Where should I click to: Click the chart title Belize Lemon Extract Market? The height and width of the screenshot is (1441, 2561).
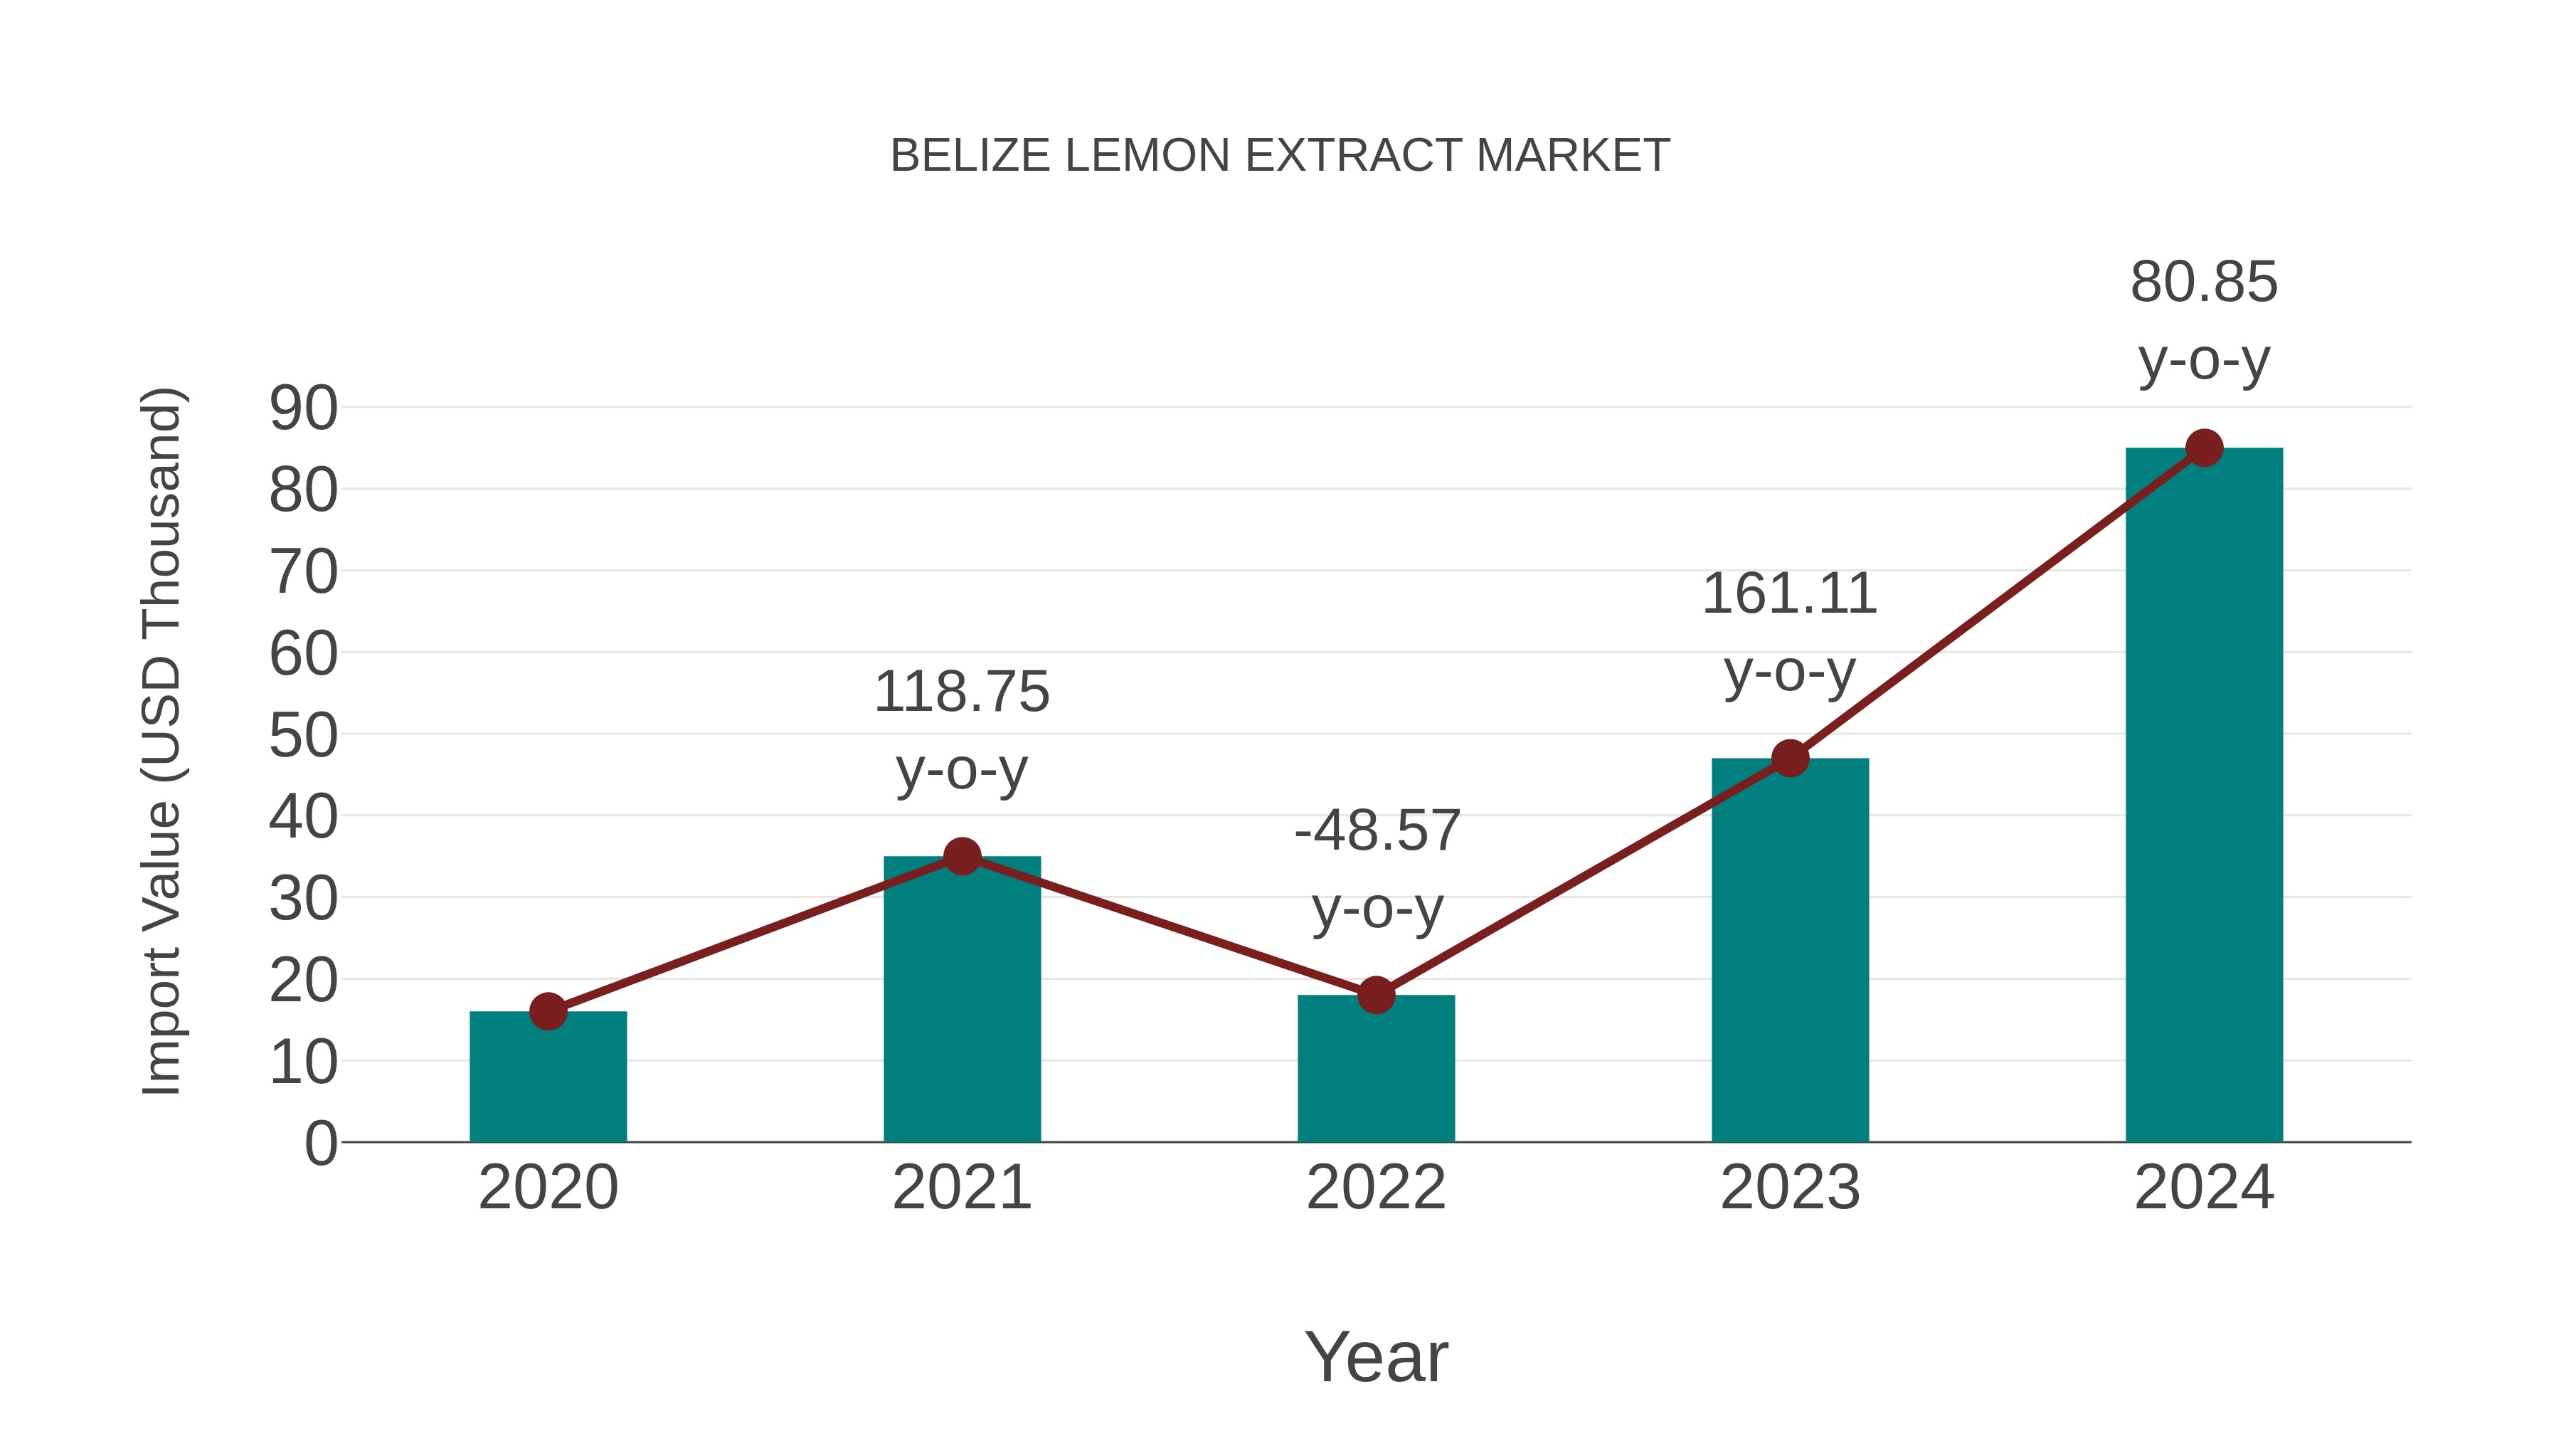(x=1280, y=156)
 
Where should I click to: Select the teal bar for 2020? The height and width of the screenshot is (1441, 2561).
(x=548, y=1079)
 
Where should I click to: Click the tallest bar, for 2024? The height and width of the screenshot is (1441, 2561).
(x=2204, y=796)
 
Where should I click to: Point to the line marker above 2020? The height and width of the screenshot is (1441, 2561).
(x=548, y=1011)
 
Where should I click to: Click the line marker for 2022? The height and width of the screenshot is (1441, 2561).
(x=1376, y=995)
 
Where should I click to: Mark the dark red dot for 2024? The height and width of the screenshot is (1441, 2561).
(x=2204, y=448)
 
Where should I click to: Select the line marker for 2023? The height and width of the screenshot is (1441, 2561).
(x=1790, y=758)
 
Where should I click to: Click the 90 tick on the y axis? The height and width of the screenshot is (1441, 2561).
(x=303, y=408)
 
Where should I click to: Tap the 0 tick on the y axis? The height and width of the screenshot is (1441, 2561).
(x=321, y=1144)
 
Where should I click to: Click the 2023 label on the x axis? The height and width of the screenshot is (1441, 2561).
(x=1790, y=1188)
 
